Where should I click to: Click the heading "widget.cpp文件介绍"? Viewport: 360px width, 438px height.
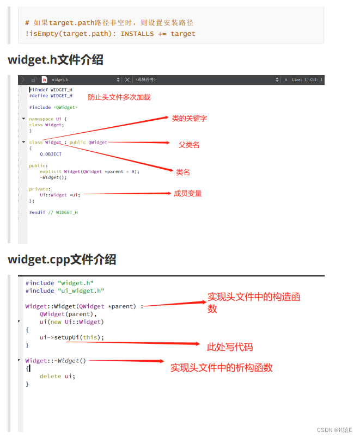click(62, 259)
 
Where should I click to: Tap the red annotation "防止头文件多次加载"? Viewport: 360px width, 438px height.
click(119, 97)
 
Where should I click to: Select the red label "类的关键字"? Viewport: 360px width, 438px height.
click(189, 118)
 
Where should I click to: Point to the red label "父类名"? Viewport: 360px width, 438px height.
click(189, 145)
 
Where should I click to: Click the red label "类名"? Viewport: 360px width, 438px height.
click(183, 172)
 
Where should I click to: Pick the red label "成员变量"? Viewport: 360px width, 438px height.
click(188, 193)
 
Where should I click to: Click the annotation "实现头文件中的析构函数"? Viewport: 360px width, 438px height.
click(221, 367)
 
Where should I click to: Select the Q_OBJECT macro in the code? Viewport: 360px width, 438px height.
click(51, 154)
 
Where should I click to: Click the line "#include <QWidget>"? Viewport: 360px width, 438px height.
click(53, 107)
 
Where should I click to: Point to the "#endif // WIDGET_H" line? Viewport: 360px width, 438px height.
click(53, 212)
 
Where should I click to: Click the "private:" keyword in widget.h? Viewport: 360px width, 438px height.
click(40, 189)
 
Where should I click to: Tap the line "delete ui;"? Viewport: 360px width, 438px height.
click(57, 376)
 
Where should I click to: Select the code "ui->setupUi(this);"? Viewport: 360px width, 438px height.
click(71, 337)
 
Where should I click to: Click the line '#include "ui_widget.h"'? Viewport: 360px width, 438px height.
click(65, 291)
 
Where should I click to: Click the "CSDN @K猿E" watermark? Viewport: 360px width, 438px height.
click(334, 430)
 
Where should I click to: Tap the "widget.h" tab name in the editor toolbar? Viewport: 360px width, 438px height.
click(60, 79)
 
